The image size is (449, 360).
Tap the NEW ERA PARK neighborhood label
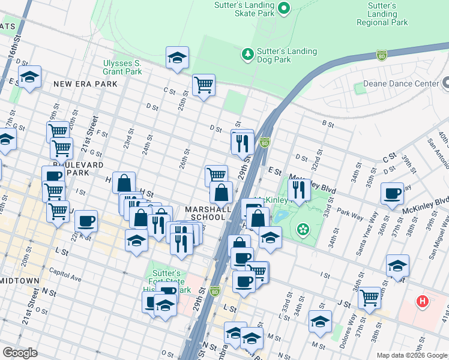pyautogui.click(x=85, y=85)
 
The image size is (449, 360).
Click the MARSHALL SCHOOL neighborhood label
pyautogui.click(x=208, y=213)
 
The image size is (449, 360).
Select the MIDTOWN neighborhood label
pyautogui.click(x=20, y=281)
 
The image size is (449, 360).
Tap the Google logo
pyautogui.click(x=20, y=353)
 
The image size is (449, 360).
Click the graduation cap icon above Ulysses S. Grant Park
pyautogui.click(x=177, y=58)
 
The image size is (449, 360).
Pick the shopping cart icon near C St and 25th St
pyautogui.click(x=204, y=85)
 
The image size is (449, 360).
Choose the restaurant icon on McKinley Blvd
pyautogui.click(x=299, y=190)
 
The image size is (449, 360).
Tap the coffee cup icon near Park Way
pyautogui.click(x=393, y=193)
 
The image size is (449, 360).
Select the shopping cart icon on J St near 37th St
pyautogui.click(x=370, y=296)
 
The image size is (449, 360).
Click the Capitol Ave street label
pyautogui.click(x=68, y=278)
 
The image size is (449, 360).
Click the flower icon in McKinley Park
pyautogui.click(x=303, y=228)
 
